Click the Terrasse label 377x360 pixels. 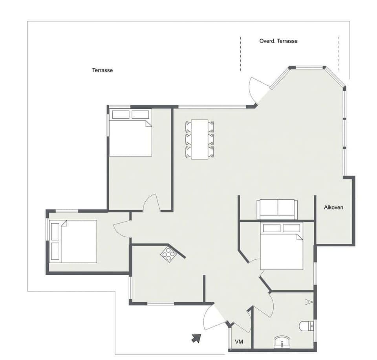(x=102, y=70)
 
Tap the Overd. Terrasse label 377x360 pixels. (x=278, y=41)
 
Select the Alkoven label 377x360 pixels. (x=333, y=207)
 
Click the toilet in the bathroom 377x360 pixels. (x=306, y=326)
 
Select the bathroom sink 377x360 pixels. (x=282, y=342)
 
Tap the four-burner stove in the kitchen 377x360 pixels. (x=168, y=255)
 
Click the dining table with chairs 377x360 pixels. (x=199, y=139)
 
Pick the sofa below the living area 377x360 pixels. (x=277, y=209)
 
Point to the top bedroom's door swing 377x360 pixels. (x=151, y=203)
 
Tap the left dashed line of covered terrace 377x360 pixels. (x=240, y=54)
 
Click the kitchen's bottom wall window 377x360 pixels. (x=160, y=303)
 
